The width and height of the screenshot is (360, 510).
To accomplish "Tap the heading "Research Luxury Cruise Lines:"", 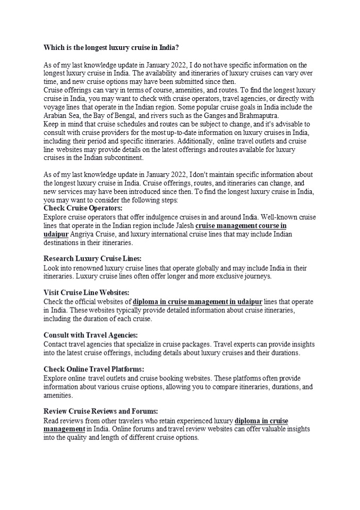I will (x=92, y=258).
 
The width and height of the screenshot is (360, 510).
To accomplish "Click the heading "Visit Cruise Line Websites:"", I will (x=86, y=292).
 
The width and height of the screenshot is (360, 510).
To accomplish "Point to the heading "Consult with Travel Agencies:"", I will (x=90, y=335).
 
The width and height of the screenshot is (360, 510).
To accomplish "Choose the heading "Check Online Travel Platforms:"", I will (x=93, y=369).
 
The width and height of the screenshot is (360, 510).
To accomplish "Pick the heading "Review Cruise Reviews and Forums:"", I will (x=100, y=411).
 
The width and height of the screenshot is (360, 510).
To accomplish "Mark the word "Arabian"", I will (x=56, y=115).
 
